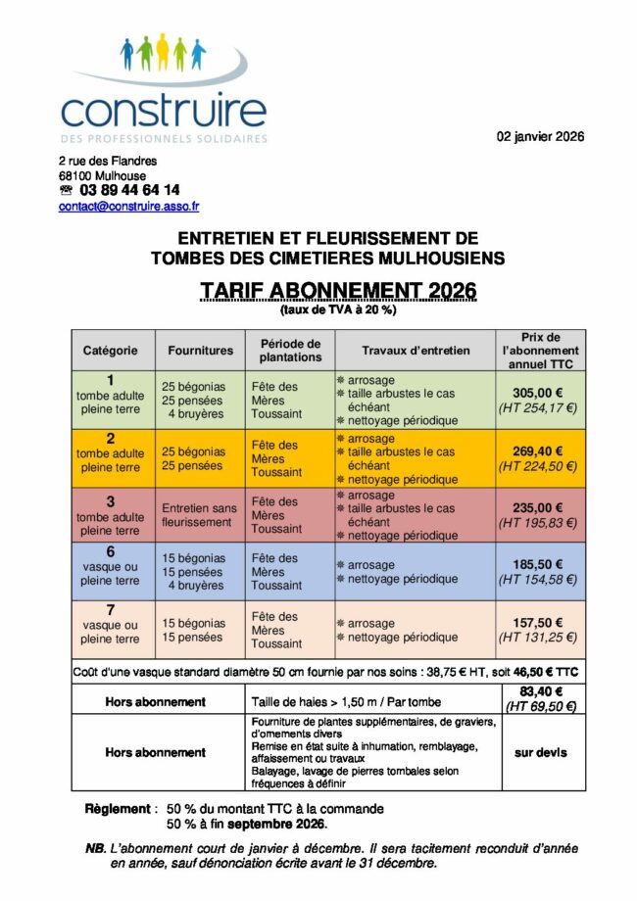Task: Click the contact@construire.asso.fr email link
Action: pyautogui.click(x=128, y=207)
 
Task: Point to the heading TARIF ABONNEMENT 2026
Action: pyautogui.click(x=338, y=291)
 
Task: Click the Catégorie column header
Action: pyautogui.click(x=110, y=351)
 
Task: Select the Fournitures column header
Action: pyautogui.click(x=200, y=351)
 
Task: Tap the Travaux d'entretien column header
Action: pyautogui.click(x=416, y=351)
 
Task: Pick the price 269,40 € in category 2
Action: pyautogui.click(x=537, y=450)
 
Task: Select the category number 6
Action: pyautogui.click(x=110, y=551)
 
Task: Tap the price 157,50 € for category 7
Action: pyautogui.click(x=537, y=622)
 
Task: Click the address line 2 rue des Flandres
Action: pyautogui.click(x=107, y=161)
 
